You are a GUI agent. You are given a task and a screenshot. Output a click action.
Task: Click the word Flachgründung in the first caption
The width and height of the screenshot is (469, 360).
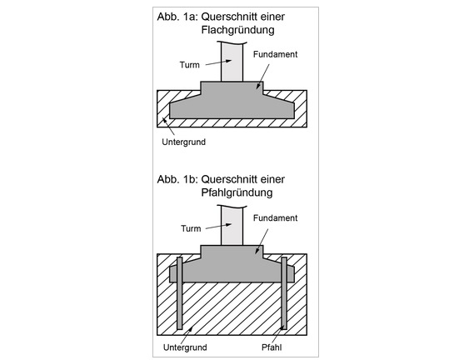[237, 30]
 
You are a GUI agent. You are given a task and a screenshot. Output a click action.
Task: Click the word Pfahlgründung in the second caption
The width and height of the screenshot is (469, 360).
[237, 192]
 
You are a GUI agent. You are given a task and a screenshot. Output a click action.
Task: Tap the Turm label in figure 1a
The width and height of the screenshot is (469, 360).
[190, 65]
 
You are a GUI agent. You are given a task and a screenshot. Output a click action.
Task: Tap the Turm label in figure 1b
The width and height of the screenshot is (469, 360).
[191, 228]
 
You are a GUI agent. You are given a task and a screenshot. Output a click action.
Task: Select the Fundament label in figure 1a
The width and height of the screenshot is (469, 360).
[275, 54]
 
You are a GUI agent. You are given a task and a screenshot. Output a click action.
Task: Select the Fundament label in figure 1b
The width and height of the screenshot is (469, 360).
[275, 218]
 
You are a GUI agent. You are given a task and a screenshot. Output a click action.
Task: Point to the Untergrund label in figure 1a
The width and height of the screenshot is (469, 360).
[183, 142]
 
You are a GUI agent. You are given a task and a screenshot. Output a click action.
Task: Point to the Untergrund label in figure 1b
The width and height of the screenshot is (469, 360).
[185, 347]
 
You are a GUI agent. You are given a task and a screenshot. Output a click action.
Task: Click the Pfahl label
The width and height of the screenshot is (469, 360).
[272, 347]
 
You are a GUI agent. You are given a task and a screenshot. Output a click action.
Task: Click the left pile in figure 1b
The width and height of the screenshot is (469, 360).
[180, 293]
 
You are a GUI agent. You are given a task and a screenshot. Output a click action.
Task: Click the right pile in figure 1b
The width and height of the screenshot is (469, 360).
[284, 293]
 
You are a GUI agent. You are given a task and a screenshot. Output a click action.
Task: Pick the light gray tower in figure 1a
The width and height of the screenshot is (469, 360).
[232, 62]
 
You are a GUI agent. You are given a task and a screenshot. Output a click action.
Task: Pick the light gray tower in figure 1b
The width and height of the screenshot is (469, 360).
[232, 225]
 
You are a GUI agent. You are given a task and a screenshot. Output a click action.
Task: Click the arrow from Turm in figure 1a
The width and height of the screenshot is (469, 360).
[218, 62]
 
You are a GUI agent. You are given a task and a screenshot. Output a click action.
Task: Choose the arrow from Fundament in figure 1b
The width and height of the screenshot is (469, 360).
[262, 241]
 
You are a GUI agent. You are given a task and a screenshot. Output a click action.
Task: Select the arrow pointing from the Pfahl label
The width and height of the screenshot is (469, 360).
[277, 335]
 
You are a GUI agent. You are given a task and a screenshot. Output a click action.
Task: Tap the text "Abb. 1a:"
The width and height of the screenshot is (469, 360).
[177, 17]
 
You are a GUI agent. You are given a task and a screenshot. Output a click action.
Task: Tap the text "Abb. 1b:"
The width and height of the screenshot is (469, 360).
[177, 179]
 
